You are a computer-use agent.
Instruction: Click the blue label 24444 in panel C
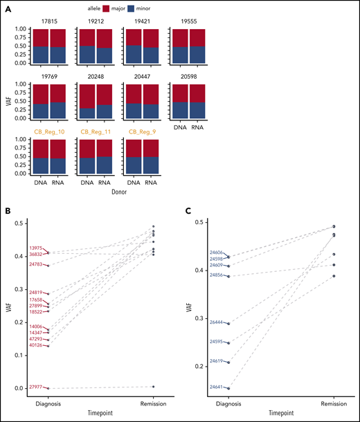point(218,322)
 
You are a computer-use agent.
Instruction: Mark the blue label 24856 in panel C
point(218,275)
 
